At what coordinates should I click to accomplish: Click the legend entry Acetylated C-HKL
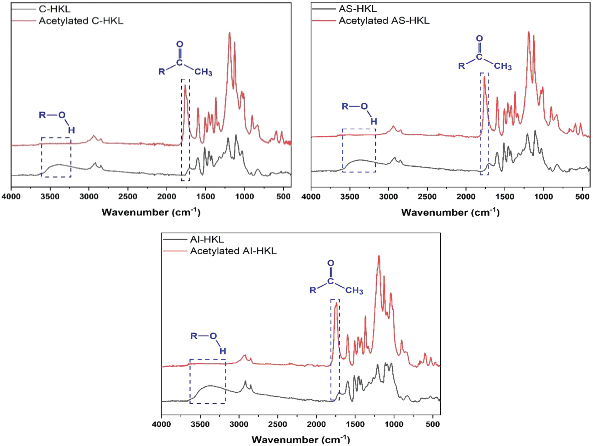(x=81, y=21)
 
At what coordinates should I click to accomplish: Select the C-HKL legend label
(x=54, y=9)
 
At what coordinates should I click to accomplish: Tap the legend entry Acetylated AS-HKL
(x=384, y=21)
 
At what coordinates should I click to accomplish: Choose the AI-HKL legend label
(x=207, y=239)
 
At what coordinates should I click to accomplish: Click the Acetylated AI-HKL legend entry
(x=233, y=251)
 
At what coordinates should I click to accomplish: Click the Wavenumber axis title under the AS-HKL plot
(x=450, y=212)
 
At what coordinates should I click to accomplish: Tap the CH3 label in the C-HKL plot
(x=203, y=72)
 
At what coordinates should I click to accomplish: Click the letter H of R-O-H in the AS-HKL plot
(x=374, y=121)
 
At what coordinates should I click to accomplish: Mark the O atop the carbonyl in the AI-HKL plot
(x=331, y=263)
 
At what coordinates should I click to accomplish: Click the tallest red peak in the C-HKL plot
(x=229, y=33)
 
